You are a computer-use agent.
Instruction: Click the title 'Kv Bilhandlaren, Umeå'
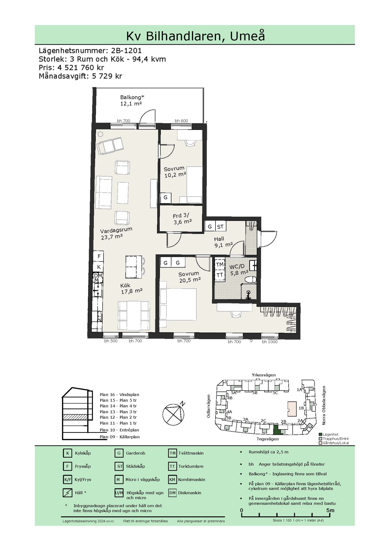(195, 36)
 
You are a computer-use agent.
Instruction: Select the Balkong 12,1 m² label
(132, 100)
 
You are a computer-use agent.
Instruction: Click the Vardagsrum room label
(116, 230)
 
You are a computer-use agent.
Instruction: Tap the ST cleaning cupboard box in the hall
(220, 226)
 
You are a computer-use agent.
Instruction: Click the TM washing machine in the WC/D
(220, 265)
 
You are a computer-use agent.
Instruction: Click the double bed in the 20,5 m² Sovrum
(178, 304)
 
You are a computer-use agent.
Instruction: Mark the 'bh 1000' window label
(270, 342)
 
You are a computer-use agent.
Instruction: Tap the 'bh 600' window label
(181, 121)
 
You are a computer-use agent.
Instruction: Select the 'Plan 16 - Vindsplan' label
(119, 395)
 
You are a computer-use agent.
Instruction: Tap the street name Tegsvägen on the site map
(268, 439)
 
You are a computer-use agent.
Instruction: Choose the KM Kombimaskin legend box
(172, 480)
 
